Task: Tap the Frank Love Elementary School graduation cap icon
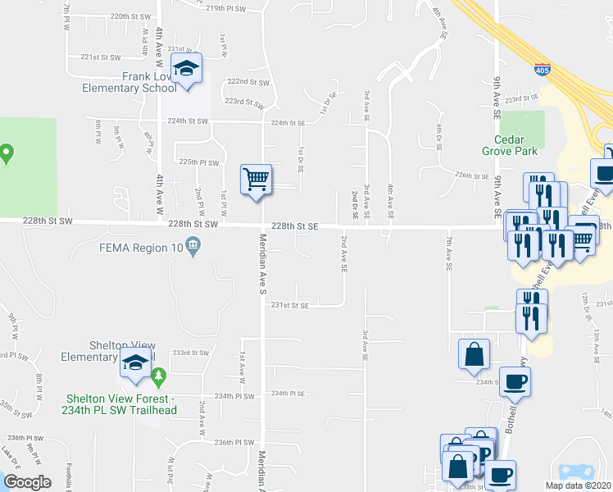[x=188, y=71]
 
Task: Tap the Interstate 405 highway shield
[x=542, y=71]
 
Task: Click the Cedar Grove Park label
[x=515, y=145]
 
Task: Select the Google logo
[x=28, y=481]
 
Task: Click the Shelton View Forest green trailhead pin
[x=159, y=378]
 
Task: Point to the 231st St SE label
[x=290, y=305]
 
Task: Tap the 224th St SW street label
[x=185, y=121]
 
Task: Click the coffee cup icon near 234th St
[x=515, y=382]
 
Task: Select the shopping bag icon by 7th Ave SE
[x=474, y=354]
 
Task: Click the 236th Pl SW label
[x=234, y=442]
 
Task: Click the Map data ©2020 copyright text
[x=577, y=485]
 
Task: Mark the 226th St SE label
[x=471, y=175]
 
